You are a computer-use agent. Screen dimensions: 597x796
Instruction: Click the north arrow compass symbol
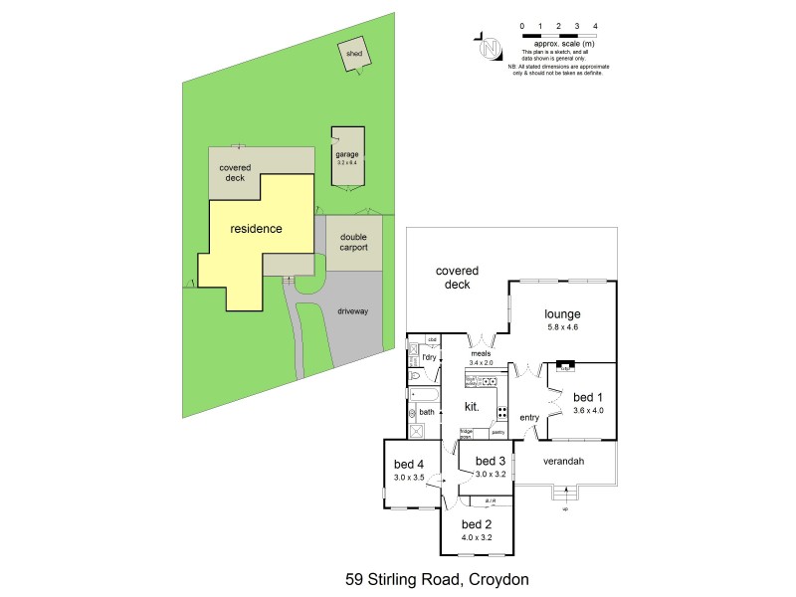click(x=489, y=47)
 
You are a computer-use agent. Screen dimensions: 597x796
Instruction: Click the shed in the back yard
click(x=353, y=56)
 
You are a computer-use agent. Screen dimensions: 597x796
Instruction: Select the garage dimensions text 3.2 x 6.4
click(x=346, y=162)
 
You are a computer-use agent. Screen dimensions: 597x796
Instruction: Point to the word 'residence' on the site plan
click(x=256, y=229)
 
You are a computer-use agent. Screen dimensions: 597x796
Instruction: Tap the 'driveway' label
click(x=353, y=311)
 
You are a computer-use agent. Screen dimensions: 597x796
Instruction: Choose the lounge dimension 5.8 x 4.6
click(x=562, y=327)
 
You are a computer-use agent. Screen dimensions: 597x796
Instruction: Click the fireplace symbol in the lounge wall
click(x=564, y=365)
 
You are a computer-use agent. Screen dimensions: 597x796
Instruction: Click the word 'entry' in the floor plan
click(x=528, y=417)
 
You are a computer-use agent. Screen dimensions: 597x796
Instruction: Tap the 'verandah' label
click(x=563, y=461)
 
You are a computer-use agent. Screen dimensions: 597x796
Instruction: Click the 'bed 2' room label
click(x=477, y=523)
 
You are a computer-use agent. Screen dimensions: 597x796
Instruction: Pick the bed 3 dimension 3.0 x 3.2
click(x=491, y=475)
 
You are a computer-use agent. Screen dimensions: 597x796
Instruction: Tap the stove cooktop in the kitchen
click(x=502, y=412)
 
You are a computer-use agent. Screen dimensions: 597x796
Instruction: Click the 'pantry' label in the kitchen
click(x=497, y=433)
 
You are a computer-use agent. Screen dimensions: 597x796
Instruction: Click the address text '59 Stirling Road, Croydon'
click(x=436, y=578)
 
